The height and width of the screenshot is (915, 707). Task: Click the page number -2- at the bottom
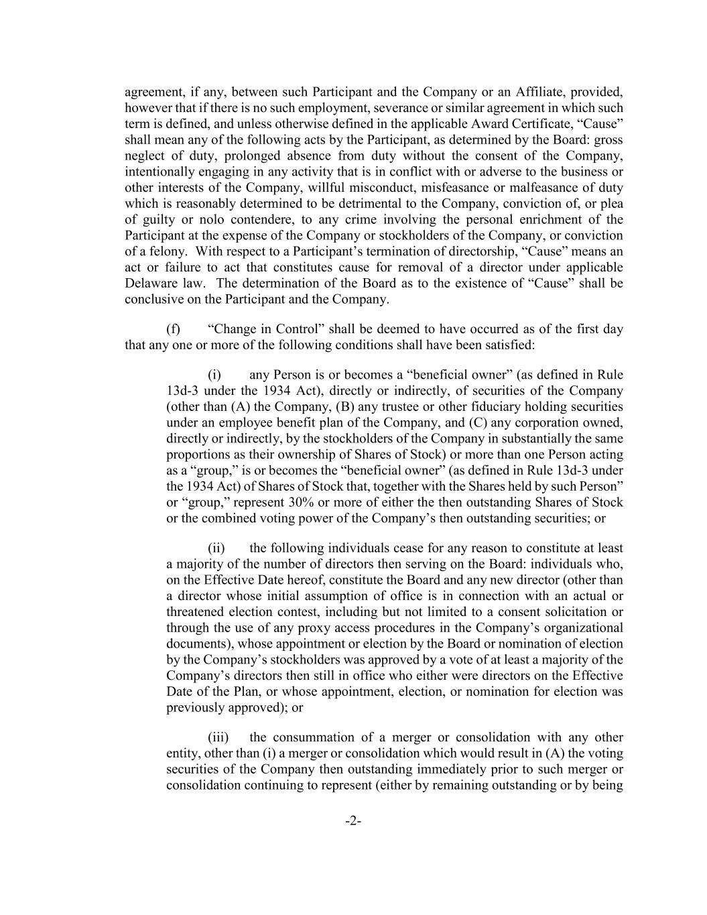(353, 821)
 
